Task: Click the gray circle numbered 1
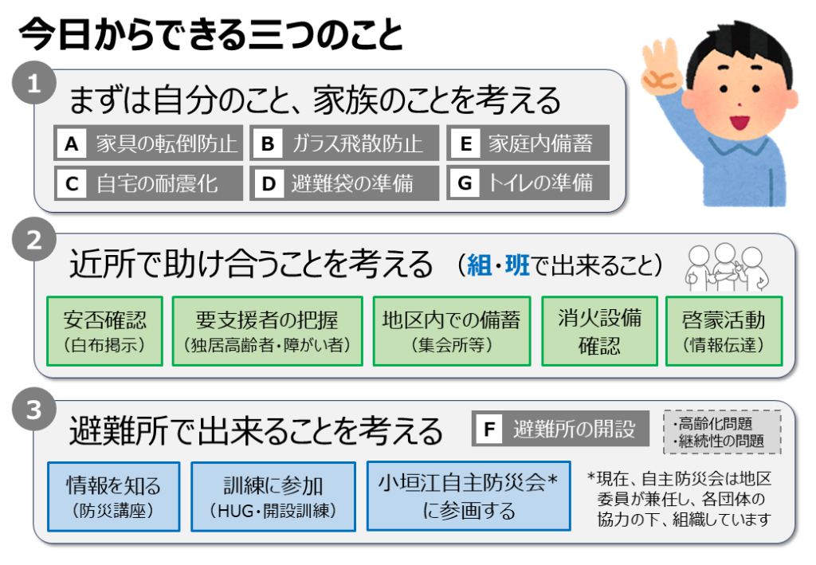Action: [x=34, y=83]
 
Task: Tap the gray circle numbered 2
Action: [x=34, y=239]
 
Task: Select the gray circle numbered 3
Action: [x=34, y=409]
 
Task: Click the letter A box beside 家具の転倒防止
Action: [x=72, y=143]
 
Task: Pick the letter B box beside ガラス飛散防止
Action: [x=268, y=143]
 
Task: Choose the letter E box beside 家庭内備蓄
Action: [x=465, y=143]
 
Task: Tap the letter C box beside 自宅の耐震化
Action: [x=72, y=183]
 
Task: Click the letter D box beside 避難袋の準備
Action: [x=268, y=183]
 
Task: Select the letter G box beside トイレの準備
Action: [x=465, y=182]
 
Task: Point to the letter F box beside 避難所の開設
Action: [x=489, y=429]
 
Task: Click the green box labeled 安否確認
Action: [x=104, y=332]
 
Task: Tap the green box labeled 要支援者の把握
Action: [x=268, y=332]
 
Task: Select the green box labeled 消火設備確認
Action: [x=599, y=332]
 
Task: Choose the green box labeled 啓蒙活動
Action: [x=724, y=332]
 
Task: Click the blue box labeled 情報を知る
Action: [x=113, y=496]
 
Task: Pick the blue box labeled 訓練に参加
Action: [x=273, y=496]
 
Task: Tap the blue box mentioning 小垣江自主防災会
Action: [x=469, y=496]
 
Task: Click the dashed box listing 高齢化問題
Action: [x=722, y=433]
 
